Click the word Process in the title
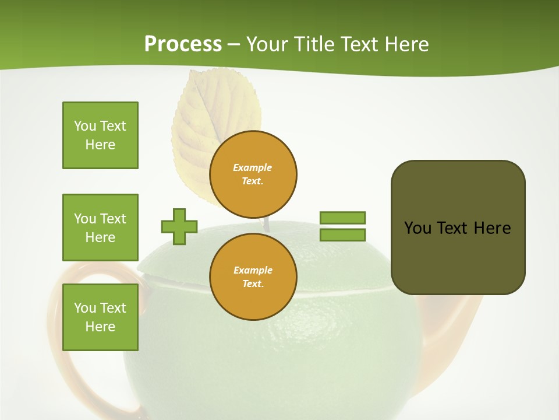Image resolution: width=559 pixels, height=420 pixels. tap(183, 44)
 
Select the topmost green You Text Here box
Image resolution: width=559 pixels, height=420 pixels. tap(100, 135)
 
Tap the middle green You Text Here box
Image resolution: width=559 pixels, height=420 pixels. tap(100, 228)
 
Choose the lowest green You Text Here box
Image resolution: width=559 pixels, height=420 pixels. tap(100, 317)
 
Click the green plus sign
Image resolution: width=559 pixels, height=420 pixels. tap(179, 226)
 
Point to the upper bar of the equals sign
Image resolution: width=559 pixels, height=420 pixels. tap(342, 218)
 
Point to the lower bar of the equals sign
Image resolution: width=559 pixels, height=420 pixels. tap(342, 235)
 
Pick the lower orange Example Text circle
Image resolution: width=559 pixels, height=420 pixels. tap(253, 276)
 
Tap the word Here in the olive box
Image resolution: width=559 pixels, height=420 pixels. tap(492, 228)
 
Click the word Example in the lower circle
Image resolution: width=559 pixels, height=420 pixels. tap(253, 270)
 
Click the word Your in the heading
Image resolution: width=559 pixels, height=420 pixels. tap(266, 44)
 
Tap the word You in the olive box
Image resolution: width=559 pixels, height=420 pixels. tap(418, 228)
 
